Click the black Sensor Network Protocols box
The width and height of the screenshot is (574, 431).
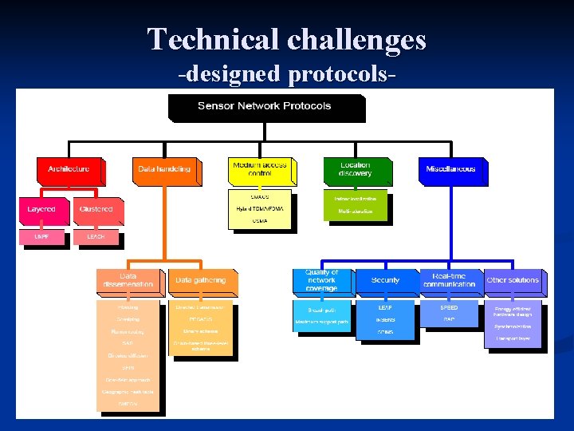265,107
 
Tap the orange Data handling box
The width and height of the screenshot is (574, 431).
164,170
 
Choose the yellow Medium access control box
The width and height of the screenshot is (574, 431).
261,170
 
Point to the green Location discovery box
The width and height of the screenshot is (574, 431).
356,170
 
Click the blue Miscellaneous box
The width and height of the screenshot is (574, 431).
450,170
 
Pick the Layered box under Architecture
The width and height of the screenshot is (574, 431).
41,210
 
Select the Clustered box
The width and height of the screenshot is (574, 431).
96,210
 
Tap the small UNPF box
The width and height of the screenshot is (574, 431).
41,237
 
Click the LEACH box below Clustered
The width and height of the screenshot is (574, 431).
96,237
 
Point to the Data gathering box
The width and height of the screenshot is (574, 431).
201,281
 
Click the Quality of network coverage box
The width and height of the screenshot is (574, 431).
322,280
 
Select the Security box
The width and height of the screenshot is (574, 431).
386,281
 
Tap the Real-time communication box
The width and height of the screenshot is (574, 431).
449,280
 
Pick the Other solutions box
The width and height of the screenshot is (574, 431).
513,281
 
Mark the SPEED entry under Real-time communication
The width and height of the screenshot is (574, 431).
449,308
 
